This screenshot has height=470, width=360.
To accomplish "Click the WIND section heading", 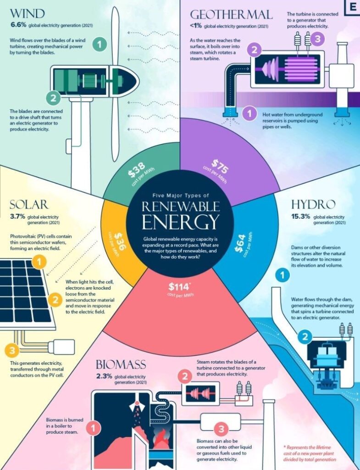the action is [x=27, y=14].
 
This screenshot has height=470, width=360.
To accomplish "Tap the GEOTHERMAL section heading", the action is [x=231, y=14].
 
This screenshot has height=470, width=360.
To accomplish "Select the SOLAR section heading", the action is [x=29, y=204].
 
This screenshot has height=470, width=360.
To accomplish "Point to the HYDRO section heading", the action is [x=313, y=204].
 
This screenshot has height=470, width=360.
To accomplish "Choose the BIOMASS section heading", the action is [x=121, y=364].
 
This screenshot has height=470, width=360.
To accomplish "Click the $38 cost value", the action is [x=137, y=169].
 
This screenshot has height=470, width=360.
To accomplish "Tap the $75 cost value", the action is [x=221, y=167].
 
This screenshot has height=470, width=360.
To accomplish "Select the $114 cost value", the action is [x=179, y=287].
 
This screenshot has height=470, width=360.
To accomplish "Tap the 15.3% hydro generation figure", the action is [x=300, y=216].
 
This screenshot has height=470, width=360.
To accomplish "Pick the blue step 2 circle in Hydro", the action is [x=305, y=337].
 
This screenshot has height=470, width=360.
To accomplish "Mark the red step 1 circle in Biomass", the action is [x=93, y=428].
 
